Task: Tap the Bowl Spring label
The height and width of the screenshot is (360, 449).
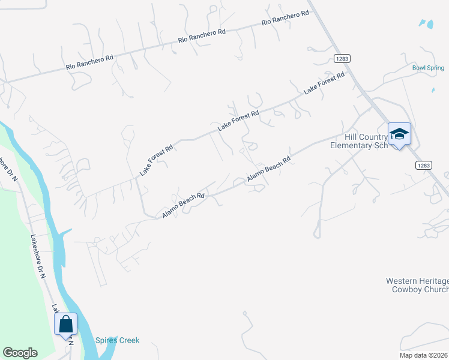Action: [428, 68]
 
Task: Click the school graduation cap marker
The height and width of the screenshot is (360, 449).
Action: [399, 134]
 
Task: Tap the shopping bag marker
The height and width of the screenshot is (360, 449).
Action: [65, 324]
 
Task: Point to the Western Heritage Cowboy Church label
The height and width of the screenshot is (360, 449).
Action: [417, 285]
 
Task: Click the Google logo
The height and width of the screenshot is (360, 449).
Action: [20, 353]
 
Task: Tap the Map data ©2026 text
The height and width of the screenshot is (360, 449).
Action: [424, 355]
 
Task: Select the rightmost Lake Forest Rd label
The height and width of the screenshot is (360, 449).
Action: [324, 83]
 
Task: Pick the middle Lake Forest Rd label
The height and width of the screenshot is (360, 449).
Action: [238, 121]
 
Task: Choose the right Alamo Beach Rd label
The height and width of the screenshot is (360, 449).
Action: [270, 170]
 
